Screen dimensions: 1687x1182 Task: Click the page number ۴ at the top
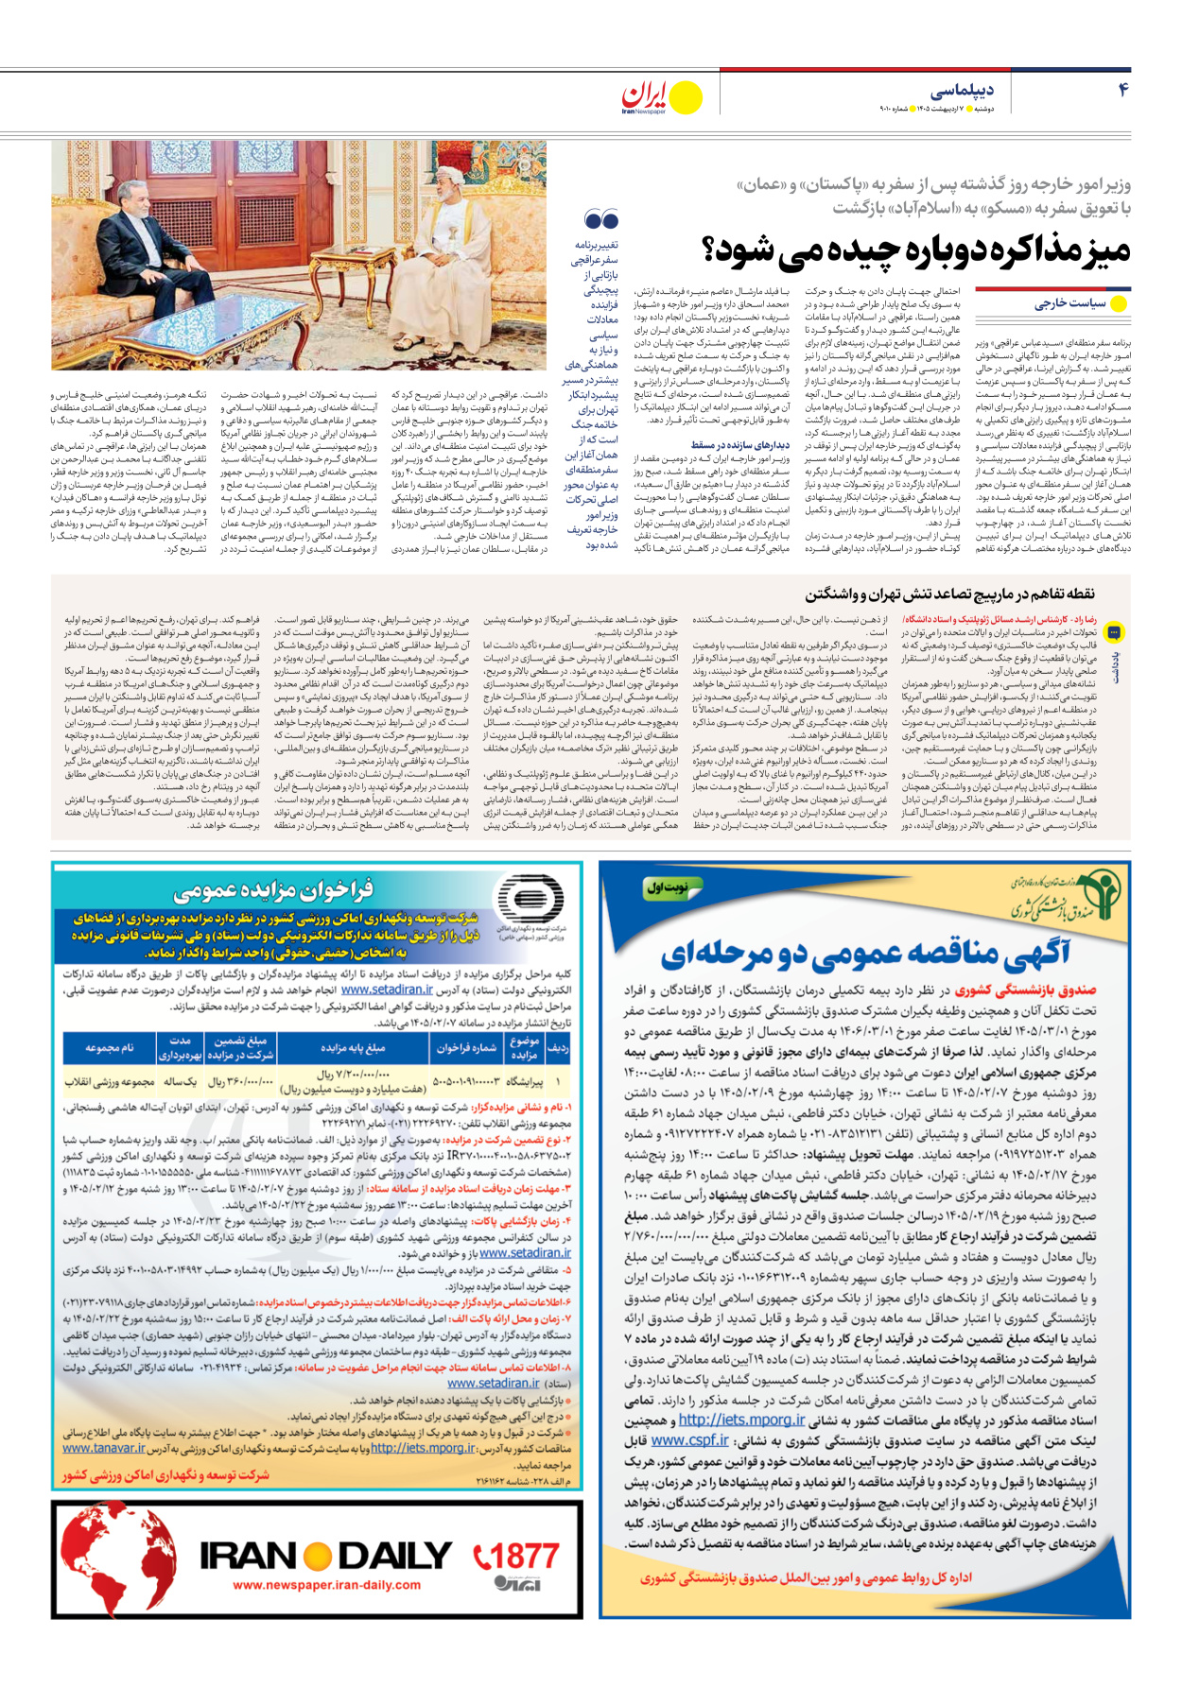click(x=1122, y=90)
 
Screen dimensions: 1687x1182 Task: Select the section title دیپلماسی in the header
click(x=962, y=91)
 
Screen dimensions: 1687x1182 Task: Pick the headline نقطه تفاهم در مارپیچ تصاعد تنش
click(x=949, y=594)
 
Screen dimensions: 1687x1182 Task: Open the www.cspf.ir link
click(x=689, y=1440)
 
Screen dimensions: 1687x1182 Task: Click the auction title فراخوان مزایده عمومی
click(x=274, y=888)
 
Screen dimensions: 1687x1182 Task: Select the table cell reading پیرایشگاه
click(x=527, y=1081)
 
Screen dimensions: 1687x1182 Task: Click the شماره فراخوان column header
click(x=466, y=1048)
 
